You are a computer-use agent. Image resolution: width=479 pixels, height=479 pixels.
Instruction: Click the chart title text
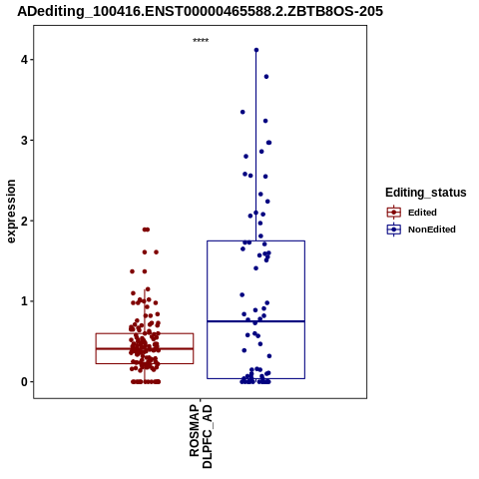coord(200,11)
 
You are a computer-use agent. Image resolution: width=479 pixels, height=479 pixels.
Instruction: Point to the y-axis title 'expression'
coord(11,212)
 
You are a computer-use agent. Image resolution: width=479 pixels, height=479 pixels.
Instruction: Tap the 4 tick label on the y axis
coord(24,60)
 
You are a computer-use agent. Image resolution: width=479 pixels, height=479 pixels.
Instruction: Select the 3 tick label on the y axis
coord(24,141)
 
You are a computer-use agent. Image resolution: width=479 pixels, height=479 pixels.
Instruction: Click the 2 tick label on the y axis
coord(24,221)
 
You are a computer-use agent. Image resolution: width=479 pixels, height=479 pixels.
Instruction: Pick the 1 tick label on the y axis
coord(24,301)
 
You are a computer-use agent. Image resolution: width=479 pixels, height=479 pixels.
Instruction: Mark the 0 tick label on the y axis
coord(24,382)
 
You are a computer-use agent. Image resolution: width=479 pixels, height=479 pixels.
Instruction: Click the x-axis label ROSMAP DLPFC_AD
coord(201,436)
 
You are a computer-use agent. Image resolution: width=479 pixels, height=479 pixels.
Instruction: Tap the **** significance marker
coord(201,40)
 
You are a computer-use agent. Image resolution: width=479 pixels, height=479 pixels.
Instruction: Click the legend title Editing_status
coord(426,193)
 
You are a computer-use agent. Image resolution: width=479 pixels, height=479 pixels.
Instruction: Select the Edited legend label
coord(422,213)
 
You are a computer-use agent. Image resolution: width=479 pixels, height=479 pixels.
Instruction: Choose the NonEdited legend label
coord(432,230)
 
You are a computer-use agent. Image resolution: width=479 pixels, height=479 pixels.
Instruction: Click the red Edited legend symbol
coord(394,213)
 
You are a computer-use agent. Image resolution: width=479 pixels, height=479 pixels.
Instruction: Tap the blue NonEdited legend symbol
coord(394,230)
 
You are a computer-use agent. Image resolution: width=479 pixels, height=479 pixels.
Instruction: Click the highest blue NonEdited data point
coord(256,50)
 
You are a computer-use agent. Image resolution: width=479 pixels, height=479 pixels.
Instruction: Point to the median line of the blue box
coord(255,321)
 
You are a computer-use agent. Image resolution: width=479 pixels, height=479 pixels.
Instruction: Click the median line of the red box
coord(145,348)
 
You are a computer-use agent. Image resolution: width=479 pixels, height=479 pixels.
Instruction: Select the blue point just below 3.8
coord(266,77)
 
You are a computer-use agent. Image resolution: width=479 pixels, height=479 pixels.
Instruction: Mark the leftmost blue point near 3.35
coord(242,112)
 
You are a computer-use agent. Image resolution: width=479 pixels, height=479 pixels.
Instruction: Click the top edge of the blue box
coord(255,240)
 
